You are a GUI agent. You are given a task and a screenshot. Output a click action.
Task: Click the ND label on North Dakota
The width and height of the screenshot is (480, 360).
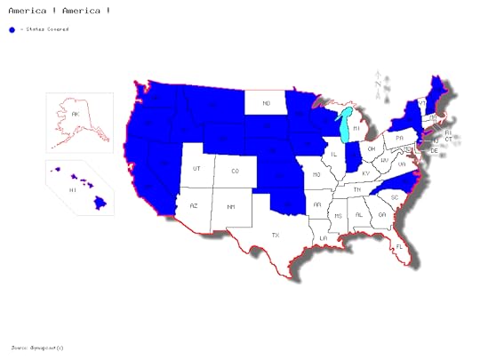click(x=265, y=104)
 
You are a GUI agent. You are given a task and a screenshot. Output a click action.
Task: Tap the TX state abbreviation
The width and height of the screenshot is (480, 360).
click(x=276, y=235)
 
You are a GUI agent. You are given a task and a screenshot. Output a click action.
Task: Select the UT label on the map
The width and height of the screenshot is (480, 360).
click(x=197, y=168)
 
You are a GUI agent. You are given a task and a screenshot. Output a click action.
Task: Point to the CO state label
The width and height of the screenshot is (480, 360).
click(x=236, y=171)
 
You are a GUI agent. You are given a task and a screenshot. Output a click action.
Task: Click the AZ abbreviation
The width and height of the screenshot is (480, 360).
click(x=194, y=205)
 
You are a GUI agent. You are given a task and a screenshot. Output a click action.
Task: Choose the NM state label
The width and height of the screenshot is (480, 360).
click(x=231, y=207)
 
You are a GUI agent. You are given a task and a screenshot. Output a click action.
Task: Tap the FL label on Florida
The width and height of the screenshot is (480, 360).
click(x=401, y=246)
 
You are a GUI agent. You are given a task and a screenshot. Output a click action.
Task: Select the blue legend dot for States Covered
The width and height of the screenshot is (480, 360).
click(x=12, y=29)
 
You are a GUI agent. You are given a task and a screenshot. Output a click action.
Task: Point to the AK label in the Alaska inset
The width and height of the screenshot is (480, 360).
click(x=76, y=115)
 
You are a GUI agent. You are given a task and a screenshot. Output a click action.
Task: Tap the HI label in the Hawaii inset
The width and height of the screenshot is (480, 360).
click(x=73, y=190)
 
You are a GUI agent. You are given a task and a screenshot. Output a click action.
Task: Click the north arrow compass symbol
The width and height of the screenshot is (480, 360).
click(x=379, y=85)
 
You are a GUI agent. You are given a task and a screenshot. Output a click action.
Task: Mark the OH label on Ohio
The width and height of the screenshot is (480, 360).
click(x=371, y=148)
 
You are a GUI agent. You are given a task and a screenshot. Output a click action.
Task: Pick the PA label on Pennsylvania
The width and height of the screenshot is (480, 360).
click(x=400, y=138)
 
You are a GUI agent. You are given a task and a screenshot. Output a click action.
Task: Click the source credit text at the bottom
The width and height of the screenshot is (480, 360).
click(x=38, y=347)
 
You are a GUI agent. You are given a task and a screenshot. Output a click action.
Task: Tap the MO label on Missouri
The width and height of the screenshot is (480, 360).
click(x=317, y=176)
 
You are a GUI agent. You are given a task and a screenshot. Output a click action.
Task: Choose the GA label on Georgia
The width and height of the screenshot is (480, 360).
click(x=381, y=214)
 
